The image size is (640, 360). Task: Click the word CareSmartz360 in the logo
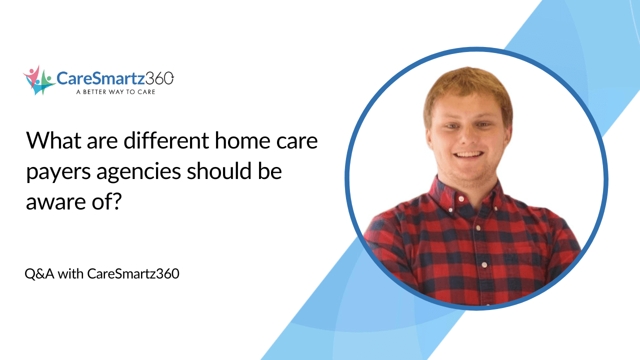coord(115,78)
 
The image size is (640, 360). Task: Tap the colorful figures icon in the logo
coord(38,79)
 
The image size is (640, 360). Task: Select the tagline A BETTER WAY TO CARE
coord(115,92)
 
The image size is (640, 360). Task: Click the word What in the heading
coord(52,141)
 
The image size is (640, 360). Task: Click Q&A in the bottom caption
coord(39,274)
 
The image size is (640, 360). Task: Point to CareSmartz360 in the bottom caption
coord(133,274)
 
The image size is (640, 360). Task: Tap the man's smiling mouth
coord(468,155)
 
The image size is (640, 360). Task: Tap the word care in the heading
coord(297,141)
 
